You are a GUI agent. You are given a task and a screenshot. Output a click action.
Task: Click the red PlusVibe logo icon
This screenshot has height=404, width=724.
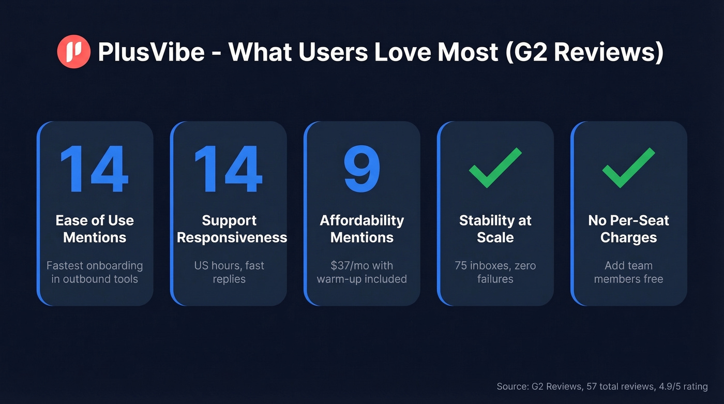[x=74, y=52]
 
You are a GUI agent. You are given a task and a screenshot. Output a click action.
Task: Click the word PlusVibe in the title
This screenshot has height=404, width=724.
[x=151, y=52]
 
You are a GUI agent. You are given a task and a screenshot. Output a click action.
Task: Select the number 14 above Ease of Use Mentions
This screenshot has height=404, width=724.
[x=94, y=169]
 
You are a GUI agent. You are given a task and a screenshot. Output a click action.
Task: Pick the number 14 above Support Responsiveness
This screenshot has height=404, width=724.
[x=228, y=169]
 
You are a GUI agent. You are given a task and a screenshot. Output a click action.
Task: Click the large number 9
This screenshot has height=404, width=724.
[x=362, y=169]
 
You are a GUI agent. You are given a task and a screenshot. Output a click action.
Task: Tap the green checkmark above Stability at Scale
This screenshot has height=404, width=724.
[x=495, y=168]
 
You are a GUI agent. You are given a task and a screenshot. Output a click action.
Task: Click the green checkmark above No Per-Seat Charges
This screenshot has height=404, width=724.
[x=628, y=168]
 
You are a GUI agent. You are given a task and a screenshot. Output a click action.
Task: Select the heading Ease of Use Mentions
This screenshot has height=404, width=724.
[x=95, y=229]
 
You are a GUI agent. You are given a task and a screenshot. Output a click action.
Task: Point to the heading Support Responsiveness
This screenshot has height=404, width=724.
[x=232, y=229]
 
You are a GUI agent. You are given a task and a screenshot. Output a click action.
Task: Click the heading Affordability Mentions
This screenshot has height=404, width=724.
[x=362, y=229]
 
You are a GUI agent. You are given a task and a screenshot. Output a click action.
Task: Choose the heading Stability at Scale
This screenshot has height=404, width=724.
[x=495, y=229]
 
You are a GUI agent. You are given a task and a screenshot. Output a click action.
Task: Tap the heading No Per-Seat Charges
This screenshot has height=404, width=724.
[x=628, y=229]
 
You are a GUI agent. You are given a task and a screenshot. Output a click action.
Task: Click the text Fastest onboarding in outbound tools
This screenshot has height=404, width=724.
[x=95, y=272]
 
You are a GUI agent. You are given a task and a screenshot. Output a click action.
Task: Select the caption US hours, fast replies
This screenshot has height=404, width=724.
[x=229, y=272]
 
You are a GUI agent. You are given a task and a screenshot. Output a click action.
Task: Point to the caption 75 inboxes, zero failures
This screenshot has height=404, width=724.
[x=495, y=272]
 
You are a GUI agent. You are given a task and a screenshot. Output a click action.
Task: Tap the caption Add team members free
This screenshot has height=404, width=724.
[x=628, y=272]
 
